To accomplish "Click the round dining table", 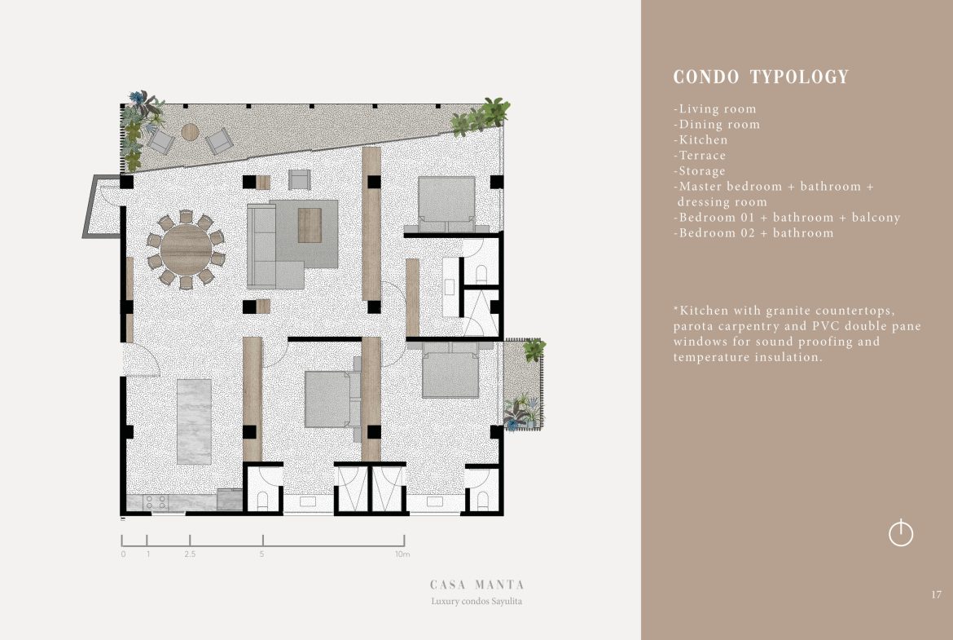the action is point(186,249).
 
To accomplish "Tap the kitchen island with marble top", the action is point(195,422).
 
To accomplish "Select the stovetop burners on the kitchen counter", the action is point(156,502).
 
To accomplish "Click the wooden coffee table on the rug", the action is point(310,225).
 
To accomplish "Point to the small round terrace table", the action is point(191,132).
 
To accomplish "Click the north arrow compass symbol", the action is point(901,533).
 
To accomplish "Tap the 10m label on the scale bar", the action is point(402,554).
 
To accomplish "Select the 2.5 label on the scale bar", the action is point(191,554).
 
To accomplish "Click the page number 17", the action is point(936,594).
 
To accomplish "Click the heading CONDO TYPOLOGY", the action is point(761,77).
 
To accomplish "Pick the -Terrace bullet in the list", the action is point(700,155).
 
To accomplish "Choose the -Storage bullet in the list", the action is point(699,171).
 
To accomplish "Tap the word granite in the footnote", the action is point(788,311).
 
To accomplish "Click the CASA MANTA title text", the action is point(477,585).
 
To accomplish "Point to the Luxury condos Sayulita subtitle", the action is point(476,601).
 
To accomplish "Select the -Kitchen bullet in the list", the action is point(700,140).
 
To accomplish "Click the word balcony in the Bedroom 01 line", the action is point(876,218).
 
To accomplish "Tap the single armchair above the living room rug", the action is point(300,179).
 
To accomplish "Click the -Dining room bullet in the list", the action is point(717,124).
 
